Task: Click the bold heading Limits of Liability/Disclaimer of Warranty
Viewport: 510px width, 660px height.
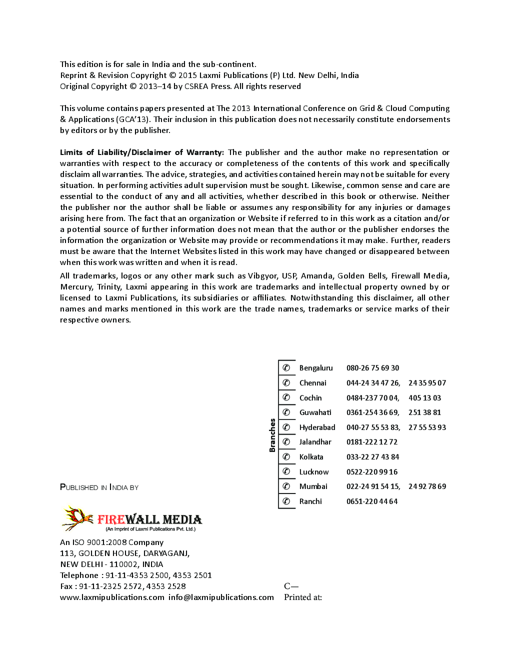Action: [x=141, y=152]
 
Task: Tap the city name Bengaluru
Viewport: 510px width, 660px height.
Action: [x=315, y=368]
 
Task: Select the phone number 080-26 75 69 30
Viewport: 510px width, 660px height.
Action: [x=372, y=368]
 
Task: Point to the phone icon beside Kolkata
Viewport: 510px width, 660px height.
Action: [x=286, y=457]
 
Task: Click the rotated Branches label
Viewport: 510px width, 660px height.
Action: [x=272, y=435]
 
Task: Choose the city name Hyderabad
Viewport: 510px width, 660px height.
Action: [x=317, y=427]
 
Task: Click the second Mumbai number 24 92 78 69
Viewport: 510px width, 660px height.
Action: [x=427, y=486]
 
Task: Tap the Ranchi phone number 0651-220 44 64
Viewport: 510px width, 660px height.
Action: [x=372, y=501]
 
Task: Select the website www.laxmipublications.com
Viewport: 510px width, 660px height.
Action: [x=112, y=597]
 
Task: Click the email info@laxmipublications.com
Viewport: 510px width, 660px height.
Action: [x=221, y=597]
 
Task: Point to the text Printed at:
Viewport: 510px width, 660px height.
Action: [x=302, y=597]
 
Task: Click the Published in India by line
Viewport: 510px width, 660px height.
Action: [x=99, y=487]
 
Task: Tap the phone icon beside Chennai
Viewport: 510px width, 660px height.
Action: [x=286, y=383]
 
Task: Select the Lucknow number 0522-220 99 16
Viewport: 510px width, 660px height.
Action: [x=372, y=472]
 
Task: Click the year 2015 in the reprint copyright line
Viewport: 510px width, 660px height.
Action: [x=187, y=75]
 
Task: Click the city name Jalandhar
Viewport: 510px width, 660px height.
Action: [x=315, y=442]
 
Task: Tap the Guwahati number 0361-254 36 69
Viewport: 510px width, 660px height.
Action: [x=372, y=412]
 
